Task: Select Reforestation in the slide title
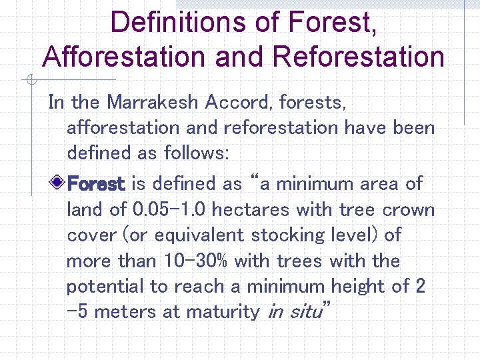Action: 359,57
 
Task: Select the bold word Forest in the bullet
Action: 97,183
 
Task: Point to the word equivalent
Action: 195,235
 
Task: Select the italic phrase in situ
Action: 294,311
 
